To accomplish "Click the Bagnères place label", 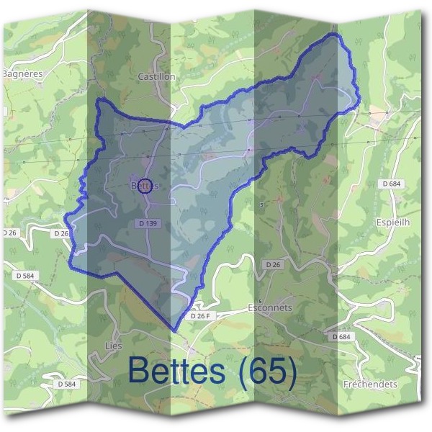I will point(23,73).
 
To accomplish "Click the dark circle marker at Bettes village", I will point(144,185).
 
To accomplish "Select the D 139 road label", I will point(147,224).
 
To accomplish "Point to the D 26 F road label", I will point(203,315).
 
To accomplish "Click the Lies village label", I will point(113,346).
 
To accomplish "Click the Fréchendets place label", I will point(371,384).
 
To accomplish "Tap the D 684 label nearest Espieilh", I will point(392,184).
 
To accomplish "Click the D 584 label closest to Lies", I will point(66,384).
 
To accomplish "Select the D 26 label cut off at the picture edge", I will point(9,233).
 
